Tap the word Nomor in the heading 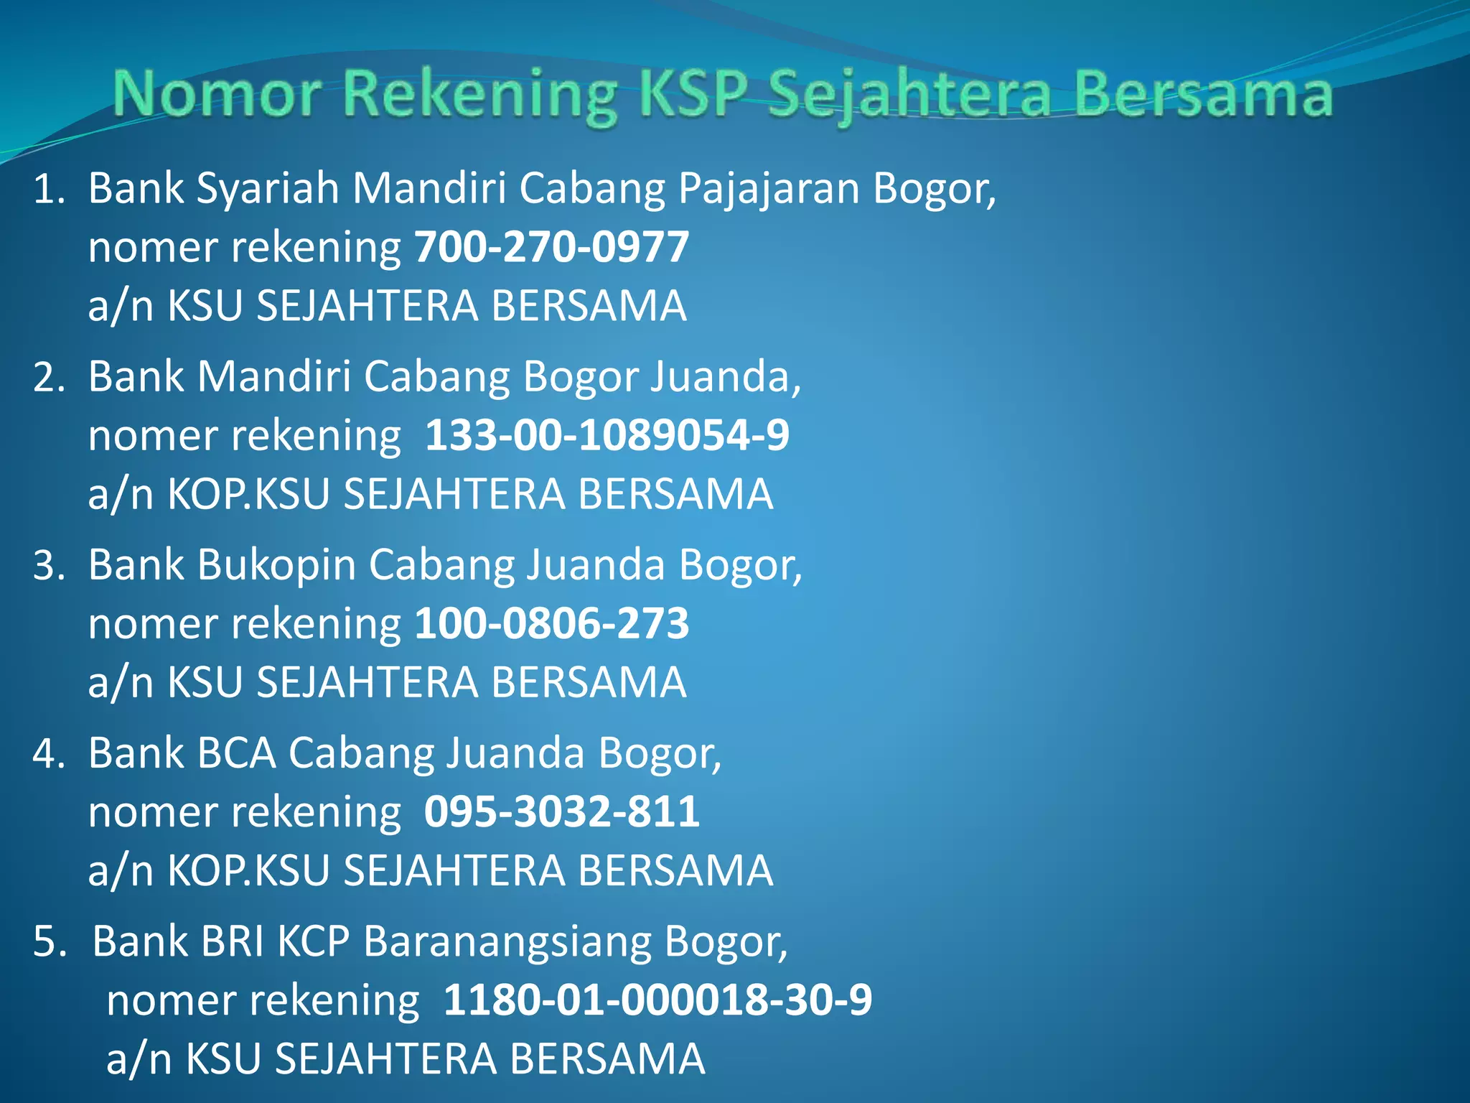(x=217, y=95)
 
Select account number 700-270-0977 (x=552, y=247)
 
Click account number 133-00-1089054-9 (x=607, y=435)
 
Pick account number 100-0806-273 (x=552, y=623)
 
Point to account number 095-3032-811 (x=561, y=811)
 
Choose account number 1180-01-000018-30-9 (x=657, y=1000)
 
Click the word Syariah (x=267, y=190)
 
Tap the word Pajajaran (x=768, y=190)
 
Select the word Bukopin (x=276, y=566)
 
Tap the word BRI (x=233, y=942)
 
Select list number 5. (x=49, y=942)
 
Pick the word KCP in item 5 (x=313, y=942)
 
